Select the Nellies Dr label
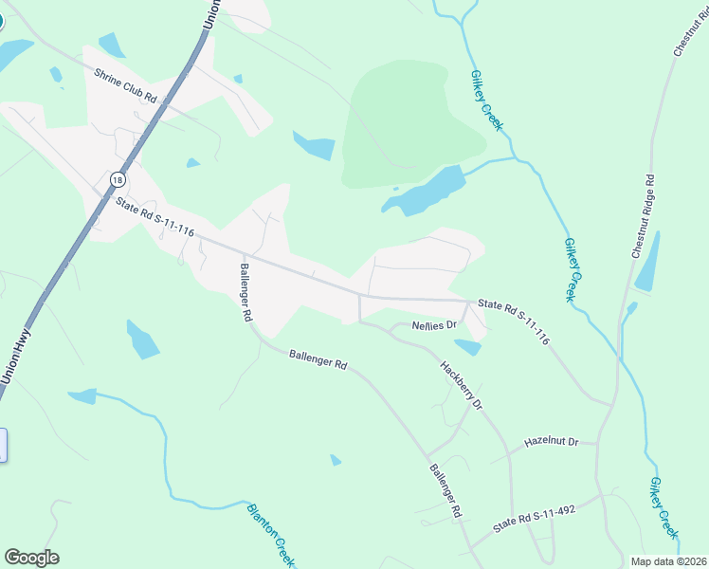(x=435, y=325)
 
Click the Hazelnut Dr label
(x=551, y=443)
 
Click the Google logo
(x=31, y=558)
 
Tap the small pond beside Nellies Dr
(x=468, y=347)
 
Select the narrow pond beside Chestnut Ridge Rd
(x=648, y=262)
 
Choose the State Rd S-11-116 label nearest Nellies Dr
(x=514, y=320)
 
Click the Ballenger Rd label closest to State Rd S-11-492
(x=444, y=490)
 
